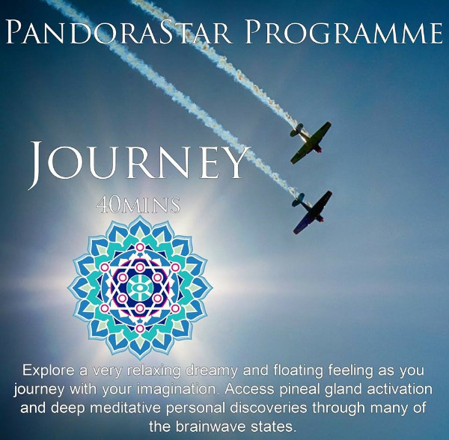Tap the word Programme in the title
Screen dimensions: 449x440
(x=343, y=31)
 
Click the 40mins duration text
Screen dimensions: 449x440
(x=138, y=205)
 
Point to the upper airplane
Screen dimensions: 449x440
(x=311, y=142)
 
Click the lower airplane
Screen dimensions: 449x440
(x=312, y=211)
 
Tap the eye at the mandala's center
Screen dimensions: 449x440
(x=140, y=287)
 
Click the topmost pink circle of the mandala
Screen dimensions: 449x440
(x=140, y=247)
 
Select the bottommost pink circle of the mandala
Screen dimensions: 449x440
(x=140, y=328)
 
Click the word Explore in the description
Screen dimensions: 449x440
(x=49, y=370)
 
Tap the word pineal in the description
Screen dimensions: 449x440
(x=301, y=389)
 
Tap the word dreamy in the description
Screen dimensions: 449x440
(x=211, y=371)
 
